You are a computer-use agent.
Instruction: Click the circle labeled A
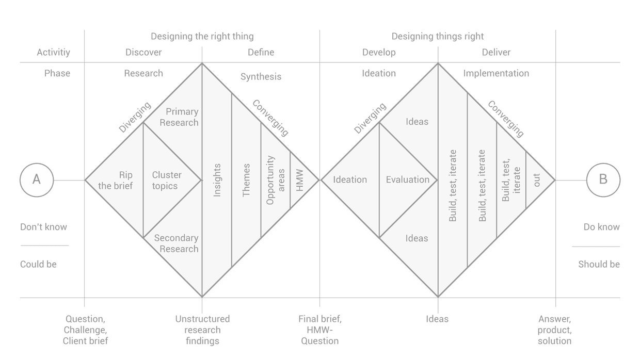(37, 180)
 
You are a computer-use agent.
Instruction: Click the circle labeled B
(603, 180)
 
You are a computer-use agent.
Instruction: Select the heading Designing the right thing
(202, 36)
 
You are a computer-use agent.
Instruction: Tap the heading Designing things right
(438, 36)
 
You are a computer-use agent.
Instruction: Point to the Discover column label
(143, 52)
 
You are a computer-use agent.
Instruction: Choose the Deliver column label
(496, 52)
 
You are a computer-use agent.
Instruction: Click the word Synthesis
(261, 76)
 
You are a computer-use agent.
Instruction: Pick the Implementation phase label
(496, 73)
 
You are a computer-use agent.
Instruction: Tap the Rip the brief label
(116, 180)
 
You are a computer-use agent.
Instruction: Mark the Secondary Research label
(177, 243)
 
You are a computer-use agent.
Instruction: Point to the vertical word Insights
(217, 180)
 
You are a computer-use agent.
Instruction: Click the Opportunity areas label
(276, 180)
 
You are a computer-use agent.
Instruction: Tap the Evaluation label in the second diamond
(408, 179)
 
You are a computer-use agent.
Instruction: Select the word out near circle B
(537, 180)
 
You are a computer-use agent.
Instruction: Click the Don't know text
(44, 227)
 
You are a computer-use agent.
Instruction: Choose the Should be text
(599, 264)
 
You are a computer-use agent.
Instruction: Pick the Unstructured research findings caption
(202, 330)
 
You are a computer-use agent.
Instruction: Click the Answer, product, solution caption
(555, 330)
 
